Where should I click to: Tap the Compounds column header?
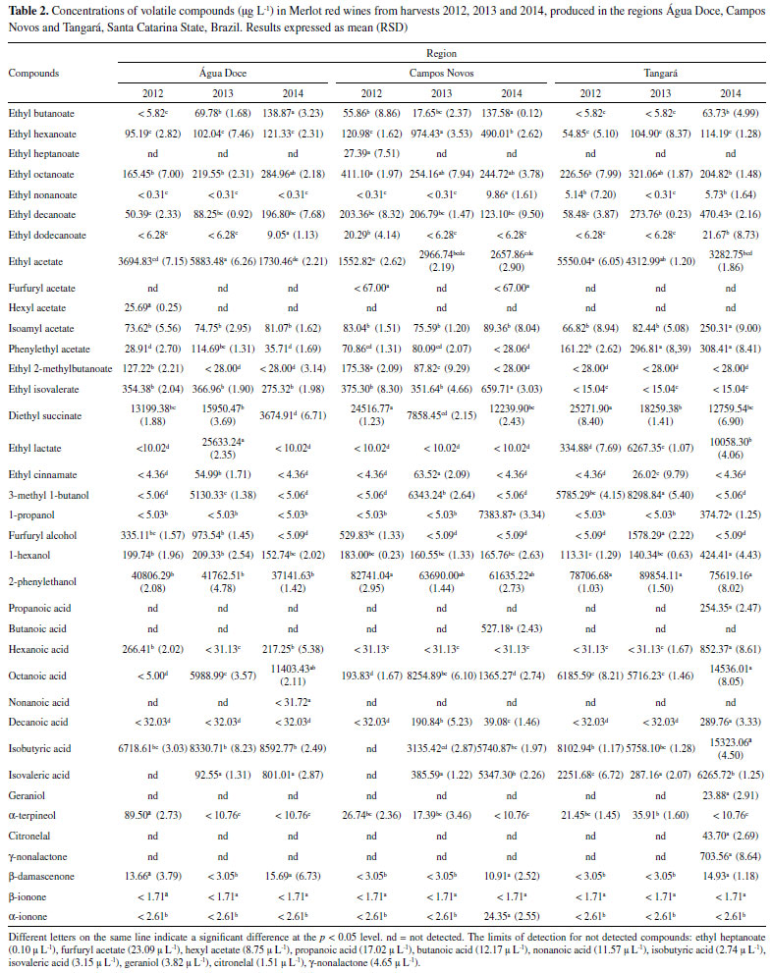pos(34,73)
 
